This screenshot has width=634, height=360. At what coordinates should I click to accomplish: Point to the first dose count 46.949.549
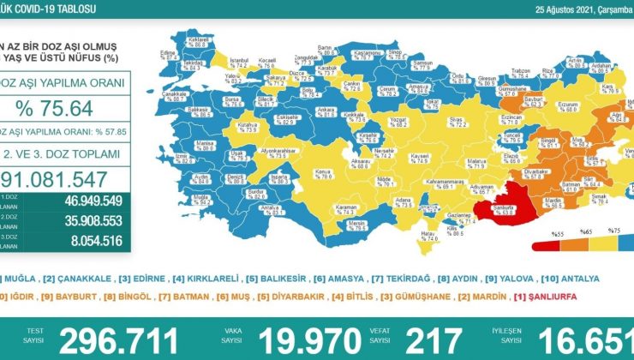tap(93, 203)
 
